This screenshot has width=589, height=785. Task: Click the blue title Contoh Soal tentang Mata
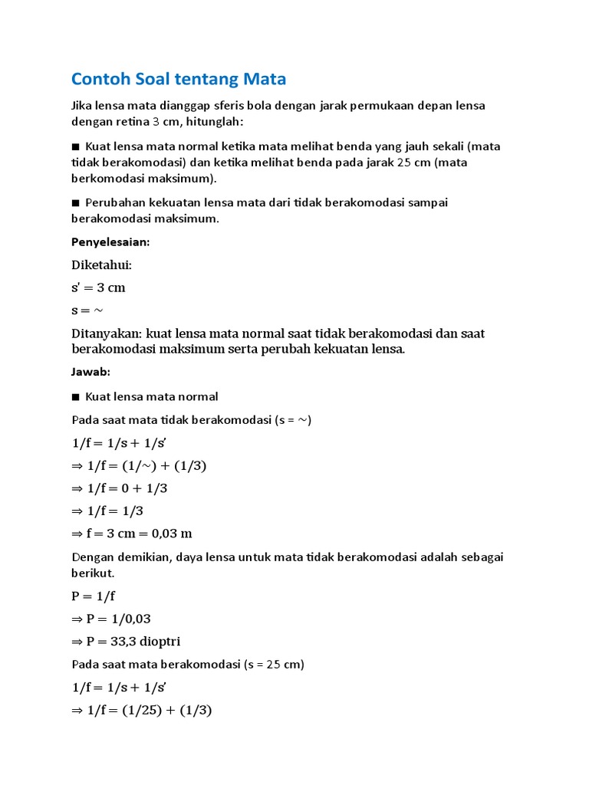pyautogui.click(x=178, y=78)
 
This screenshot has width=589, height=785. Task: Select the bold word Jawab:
pyautogui.click(x=91, y=372)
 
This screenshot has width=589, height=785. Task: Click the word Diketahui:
pyautogui.click(x=101, y=264)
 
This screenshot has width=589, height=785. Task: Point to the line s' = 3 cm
pyautogui.click(x=98, y=287)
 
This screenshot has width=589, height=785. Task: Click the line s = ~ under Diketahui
pyautogui.click(x=87, y=310)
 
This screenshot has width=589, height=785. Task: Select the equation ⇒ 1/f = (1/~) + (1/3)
pyautogui.click(x=140, y=465)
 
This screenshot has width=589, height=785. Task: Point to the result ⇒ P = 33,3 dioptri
pyautogui.click(x=126, y=642)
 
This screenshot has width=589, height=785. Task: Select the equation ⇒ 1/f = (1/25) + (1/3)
pyautogui.click(x=141, y=710)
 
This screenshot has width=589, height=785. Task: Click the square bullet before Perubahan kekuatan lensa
pyautogui.click(x=75, y=202)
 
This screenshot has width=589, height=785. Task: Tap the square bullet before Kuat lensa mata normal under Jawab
pyautogui.click(x=75, y=397)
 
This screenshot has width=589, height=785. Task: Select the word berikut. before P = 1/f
pyautogui.click(x=92, y=572)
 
